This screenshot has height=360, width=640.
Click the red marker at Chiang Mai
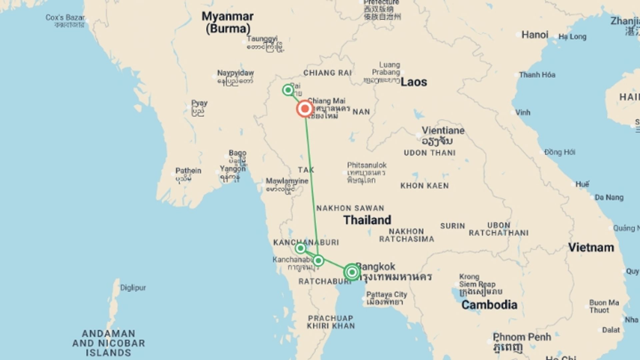point(305,109)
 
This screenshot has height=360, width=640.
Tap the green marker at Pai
point(288,90)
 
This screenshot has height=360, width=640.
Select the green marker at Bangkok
point(352,272)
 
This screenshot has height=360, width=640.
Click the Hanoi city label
point(535,35)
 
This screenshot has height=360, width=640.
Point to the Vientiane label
point(443,130)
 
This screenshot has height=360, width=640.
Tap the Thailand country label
point(367,220)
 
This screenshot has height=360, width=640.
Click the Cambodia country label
point(489,305)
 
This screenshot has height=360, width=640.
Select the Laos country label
point(413,82)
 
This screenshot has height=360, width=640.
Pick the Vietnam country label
point(591,247)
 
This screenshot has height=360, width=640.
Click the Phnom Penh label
point(522,337)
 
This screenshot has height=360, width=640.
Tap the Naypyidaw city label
point(235,73)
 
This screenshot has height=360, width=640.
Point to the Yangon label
point(232,169)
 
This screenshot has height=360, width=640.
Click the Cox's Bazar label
point(65,17)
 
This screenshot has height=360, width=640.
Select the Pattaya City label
point(386,295)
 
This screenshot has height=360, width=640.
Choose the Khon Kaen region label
point(424,186)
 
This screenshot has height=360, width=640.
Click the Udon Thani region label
point(429,153)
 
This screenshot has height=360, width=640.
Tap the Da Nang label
point(609,197)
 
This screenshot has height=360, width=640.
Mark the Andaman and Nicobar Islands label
point(108,343)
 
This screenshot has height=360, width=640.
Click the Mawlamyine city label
point(287,181)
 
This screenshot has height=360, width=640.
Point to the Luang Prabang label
point(386,68)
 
